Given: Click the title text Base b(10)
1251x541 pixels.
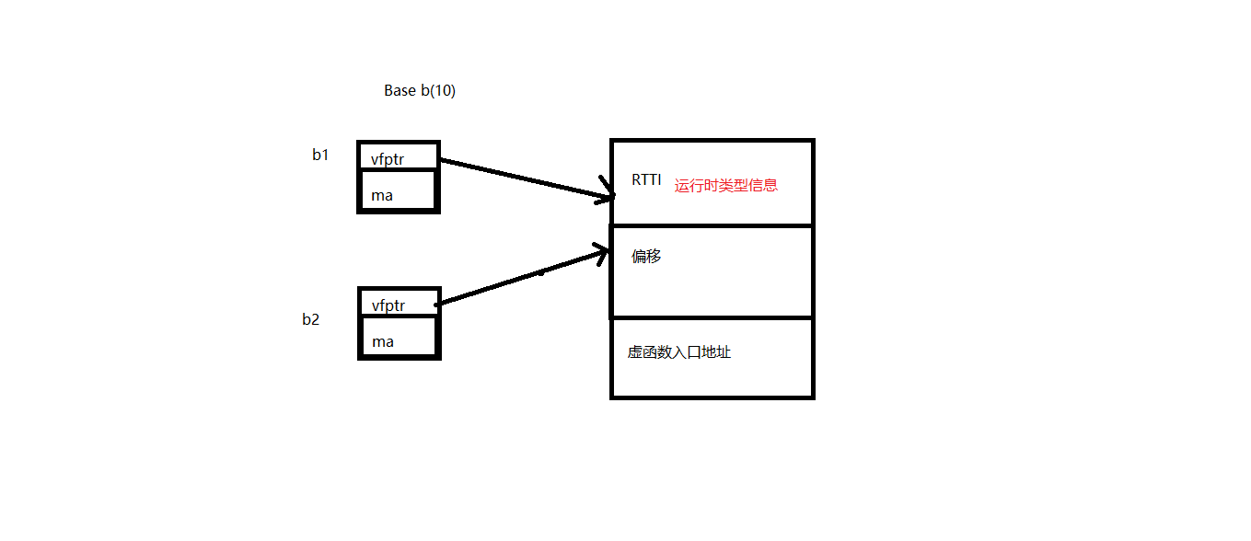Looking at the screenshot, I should click(419, 90).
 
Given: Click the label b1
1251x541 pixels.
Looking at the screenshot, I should click(319, 155).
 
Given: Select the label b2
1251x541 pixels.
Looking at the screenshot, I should click(310, 319).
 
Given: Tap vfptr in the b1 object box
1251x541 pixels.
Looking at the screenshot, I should click(388, 158).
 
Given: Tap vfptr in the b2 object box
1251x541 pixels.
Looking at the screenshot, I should click(388, 305).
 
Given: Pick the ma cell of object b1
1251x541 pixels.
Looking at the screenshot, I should click(382, 195).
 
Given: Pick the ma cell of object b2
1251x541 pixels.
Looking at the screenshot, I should click(382, 341).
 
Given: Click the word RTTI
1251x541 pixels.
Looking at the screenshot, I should click(645, 179).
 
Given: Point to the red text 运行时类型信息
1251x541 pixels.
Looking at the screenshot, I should click(725, 185).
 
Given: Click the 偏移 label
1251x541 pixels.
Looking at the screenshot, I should click(645, 256).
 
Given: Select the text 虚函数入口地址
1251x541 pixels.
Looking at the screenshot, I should click(678, 351).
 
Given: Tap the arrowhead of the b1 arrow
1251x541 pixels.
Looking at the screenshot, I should click(608, 196).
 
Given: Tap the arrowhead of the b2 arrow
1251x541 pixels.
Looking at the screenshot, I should click(604, 252).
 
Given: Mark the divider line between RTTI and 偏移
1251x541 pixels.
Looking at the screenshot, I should click(712, 225).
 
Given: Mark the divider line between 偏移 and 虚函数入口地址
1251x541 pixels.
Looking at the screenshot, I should click(712, 317).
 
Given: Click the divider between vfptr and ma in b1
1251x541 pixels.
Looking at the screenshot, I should click(398, 170).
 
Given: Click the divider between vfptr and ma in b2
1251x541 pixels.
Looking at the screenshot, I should click(398, 316).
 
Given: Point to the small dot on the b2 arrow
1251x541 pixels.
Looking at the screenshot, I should click(540, 272).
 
